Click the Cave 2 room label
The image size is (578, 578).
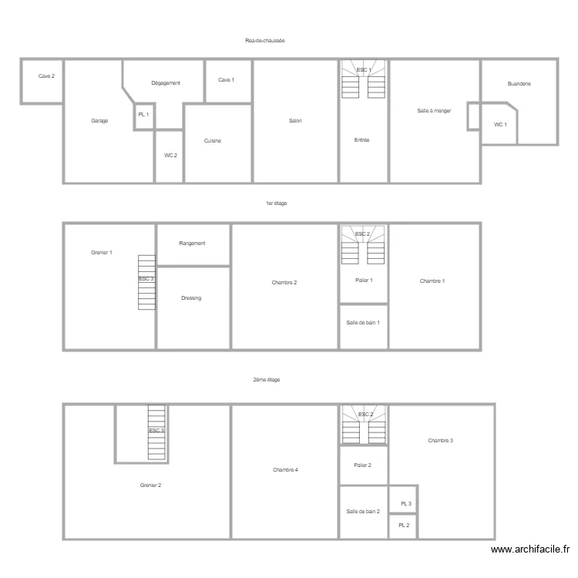click(x=47, y=76)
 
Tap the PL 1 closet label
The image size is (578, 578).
click(x=143, y=114)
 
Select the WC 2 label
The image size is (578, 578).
click(x=170, y=156)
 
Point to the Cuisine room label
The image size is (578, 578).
click(x=213, y=140)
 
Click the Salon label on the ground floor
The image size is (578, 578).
click(x=295, y=121)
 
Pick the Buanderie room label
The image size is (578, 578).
click(x=519, y=83)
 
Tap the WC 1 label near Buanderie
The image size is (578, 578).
click(x=500, y=124)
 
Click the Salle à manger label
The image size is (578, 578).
click(x=434, y=111)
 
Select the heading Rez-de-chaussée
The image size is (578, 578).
click(x=265, y=40)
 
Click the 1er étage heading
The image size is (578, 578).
click(x=276, y=203)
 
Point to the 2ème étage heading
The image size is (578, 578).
click(x=266, y=379)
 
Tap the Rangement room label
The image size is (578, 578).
click(x=192, y=244)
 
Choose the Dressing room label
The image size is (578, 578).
click(x=191, y=297)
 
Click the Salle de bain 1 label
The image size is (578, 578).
click(x=363, y=323)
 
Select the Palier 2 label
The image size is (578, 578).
click(x=363, y=465)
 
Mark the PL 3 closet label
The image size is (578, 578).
click(x=405, y=504)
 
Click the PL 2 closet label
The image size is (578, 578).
click(x=404, y=526)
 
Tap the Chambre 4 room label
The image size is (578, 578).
click(x=285, y=469)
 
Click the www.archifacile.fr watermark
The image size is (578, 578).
click(x=530, y=549)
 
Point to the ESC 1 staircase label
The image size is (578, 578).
click(x=364, y=70)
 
